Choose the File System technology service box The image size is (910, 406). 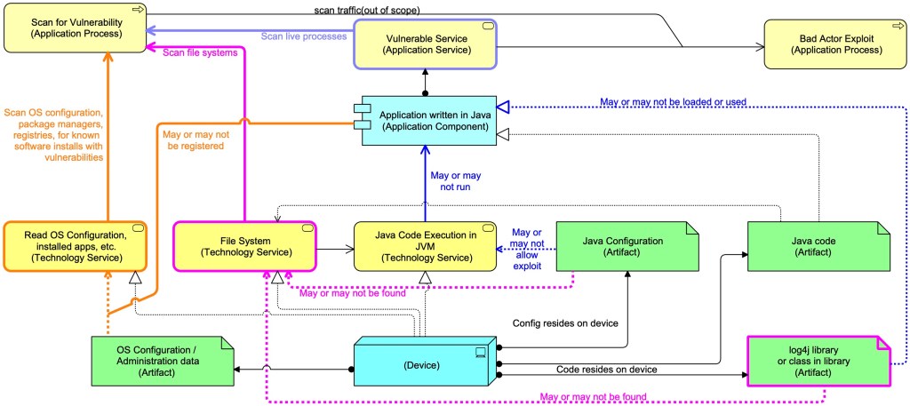[244, 246]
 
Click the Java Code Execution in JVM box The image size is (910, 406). [425, 246]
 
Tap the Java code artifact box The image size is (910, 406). [818, 246]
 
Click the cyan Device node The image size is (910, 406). [422, 364]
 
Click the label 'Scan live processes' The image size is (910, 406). [303, 36]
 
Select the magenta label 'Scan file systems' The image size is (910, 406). [202, 52]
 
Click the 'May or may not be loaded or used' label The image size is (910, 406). [673, 101]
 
